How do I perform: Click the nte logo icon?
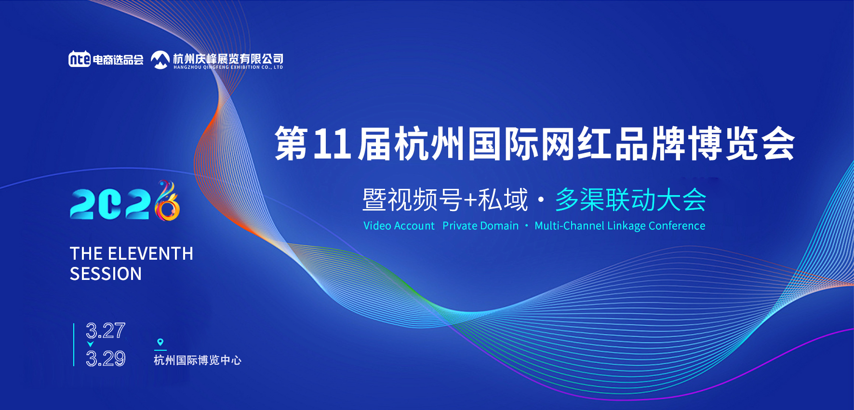pyautogui.click(x=80, y=59)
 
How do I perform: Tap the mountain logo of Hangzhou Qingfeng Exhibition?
pyautogui.click(x=160, y=59)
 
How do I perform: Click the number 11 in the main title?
pyautogui.click(x=332, y=144)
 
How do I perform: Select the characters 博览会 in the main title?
pyautogui.click(x=741, y=144)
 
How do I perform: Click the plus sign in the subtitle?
pyautogui.click(x=469, y=200)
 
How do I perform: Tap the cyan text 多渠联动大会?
pyautogui.click(x=630, y=199)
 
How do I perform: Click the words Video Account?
pyautogui.click(x=399, y=226)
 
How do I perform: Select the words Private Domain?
pyautogui.click(x=480, y=226)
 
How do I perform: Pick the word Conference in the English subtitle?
pyautogui.click(x=677, y=226)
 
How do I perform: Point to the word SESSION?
pyautogui.click(x=106, y=274)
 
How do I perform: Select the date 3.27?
pyautogui.click(x=106, y=331)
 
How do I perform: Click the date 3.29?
pyautogui.click(x=106, y=358)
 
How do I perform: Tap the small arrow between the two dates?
pyautogui.click(x=90, y=344)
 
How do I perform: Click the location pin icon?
pyautogui.click(x=160, y=342)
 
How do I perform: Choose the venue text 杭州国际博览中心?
pyautogui.click(x=197, y=360)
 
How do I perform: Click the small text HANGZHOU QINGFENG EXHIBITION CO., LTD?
pyautogui.click(x=228, y=67)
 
